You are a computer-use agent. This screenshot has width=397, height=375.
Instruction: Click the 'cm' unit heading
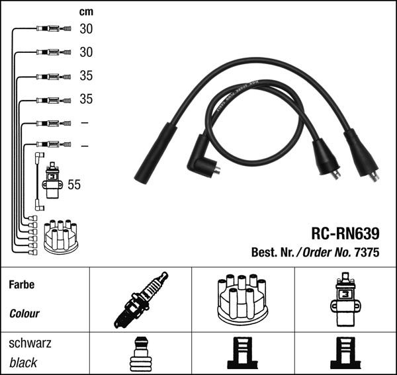86,11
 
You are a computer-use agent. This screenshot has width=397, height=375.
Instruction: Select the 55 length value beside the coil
74,185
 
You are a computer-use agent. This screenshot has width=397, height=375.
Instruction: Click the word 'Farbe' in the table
22,285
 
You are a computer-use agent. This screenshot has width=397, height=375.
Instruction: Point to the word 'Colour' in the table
24,313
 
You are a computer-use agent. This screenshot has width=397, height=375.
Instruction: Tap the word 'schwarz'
30,343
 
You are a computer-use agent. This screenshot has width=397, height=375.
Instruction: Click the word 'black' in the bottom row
23,362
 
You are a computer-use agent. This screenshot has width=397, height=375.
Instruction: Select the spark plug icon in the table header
141,300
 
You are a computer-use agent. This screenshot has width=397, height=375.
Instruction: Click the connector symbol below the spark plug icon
140,354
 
